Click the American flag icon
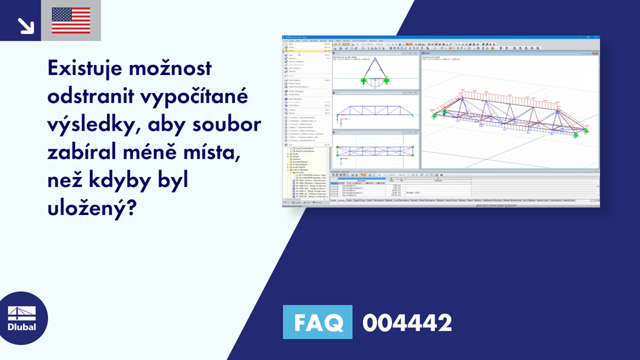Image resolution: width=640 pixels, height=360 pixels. [x=71, y=21]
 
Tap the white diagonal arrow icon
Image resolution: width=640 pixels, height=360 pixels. [x=26, y=25]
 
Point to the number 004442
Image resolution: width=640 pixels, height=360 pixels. [x=407, y=322]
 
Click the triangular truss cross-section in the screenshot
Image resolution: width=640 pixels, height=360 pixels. [x=374, y=72]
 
